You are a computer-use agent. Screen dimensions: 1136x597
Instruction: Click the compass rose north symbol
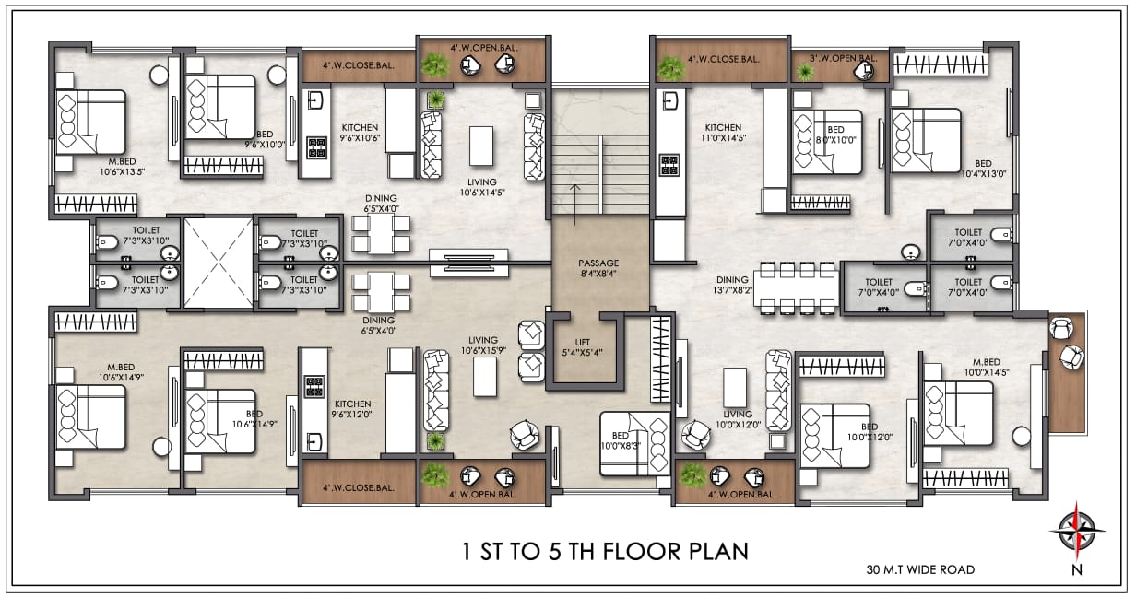pos(1077,531)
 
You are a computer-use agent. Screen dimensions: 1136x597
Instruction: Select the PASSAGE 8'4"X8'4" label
pos(598,269)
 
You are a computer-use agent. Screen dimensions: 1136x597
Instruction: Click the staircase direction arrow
pos(575,205)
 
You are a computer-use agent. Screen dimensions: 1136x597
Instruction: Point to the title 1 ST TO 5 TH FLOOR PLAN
pos(606,552)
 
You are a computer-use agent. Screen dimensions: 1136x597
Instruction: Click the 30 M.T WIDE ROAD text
pos(920,569)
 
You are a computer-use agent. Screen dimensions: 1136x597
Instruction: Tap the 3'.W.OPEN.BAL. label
pos(843,58)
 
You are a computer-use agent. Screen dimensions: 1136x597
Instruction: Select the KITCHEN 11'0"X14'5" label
pos(723,133)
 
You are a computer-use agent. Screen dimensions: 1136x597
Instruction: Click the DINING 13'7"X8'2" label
pos(733,285)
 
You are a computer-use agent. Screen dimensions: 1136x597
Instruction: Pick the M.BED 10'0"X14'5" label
pos(987,367)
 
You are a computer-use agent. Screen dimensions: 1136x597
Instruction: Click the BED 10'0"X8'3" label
pos(621,441)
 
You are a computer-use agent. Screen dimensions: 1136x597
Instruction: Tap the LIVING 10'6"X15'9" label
pos(483,345)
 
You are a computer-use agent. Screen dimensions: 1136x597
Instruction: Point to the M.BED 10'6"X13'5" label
pos(123,167)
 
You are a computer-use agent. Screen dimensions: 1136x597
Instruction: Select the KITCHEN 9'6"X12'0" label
pos(352,409)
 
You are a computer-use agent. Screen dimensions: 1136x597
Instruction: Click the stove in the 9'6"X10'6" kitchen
pos(316,148)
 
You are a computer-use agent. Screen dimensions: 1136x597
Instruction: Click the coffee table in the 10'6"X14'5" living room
pos(481,146)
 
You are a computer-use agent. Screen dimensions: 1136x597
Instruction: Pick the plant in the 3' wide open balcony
pos(804,72)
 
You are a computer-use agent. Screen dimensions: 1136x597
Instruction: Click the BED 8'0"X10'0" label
pos(835,135)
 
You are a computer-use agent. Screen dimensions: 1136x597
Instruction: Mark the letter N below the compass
pos(1077,569)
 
